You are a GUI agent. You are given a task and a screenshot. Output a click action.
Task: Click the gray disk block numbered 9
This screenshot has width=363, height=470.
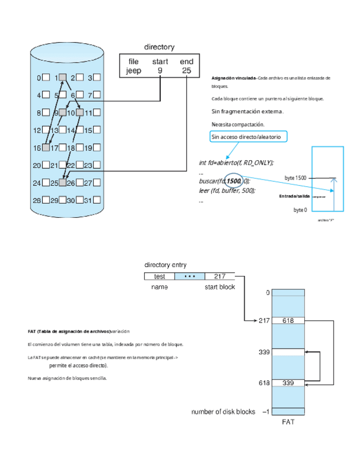point(63,113)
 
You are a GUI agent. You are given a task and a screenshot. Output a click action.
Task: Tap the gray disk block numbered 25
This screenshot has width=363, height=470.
point(63,182)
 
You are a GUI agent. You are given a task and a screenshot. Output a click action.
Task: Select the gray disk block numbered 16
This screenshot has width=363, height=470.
point(46,147)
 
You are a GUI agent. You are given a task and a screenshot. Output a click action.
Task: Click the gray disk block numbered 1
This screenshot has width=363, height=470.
point(63,78)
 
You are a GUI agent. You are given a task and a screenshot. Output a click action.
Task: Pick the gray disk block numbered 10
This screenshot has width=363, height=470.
point(80,113)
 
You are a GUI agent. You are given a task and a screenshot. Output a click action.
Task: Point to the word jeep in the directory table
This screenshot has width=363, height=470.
point(134,71)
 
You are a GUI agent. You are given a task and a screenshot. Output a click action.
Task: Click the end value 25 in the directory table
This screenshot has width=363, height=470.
point(186,71)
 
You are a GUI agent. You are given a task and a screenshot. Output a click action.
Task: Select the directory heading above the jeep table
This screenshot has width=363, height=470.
point(159,48)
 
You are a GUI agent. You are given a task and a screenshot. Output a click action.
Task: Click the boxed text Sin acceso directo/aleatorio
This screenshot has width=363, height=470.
point(249,137)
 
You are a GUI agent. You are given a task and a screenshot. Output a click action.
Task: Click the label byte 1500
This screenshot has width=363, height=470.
point(295,178)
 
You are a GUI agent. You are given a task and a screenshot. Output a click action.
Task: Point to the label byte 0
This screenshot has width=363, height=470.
point(300,210)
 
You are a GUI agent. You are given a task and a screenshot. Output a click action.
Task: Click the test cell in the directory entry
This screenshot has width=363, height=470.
point(160,276)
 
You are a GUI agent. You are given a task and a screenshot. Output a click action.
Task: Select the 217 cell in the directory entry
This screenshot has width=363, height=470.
point(219,276)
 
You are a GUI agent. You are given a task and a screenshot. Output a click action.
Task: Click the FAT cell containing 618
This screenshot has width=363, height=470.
point(288,320)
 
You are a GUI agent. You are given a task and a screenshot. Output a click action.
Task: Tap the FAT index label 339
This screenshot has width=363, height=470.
point(265,352)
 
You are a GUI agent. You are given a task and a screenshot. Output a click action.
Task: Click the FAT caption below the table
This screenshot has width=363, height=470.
point(288,422)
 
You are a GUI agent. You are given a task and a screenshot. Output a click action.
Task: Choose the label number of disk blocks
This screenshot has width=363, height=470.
point(223,412)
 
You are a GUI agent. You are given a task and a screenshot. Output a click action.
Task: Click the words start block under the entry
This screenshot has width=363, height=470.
point(220,287)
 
